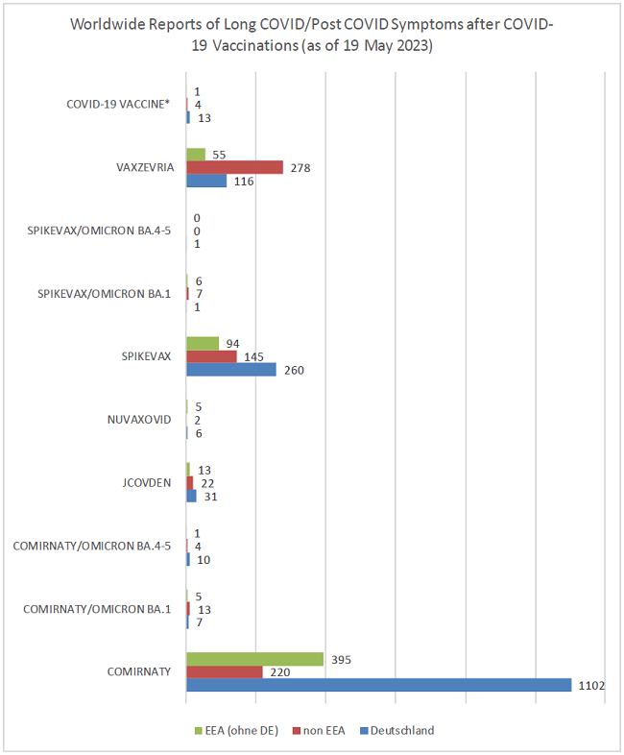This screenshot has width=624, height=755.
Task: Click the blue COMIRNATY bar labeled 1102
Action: [x=378, y=685]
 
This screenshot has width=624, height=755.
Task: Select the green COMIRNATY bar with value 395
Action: [x=254, y=659]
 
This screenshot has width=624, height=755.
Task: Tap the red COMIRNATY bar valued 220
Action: [x=224, y=672]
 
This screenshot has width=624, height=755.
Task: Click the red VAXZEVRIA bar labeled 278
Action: [x=234, y=167]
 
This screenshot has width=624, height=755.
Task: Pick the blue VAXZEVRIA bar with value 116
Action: [x=205, y=181]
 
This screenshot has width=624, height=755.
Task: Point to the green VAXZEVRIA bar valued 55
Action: [x=196, y=154]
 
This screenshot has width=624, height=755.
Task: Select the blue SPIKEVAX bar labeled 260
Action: [x=230, y=370]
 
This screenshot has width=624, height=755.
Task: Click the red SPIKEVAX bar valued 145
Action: [x=211, y=356]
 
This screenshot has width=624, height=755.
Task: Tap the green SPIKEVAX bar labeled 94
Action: [x=203, y=343]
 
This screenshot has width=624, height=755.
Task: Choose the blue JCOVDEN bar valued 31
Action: [x=191, y=496]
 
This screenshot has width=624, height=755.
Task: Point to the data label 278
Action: [x=300, y=168]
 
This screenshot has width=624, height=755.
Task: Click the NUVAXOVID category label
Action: [x=139, y=420]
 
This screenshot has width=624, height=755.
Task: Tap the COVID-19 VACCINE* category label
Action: [x=118, y=105]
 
